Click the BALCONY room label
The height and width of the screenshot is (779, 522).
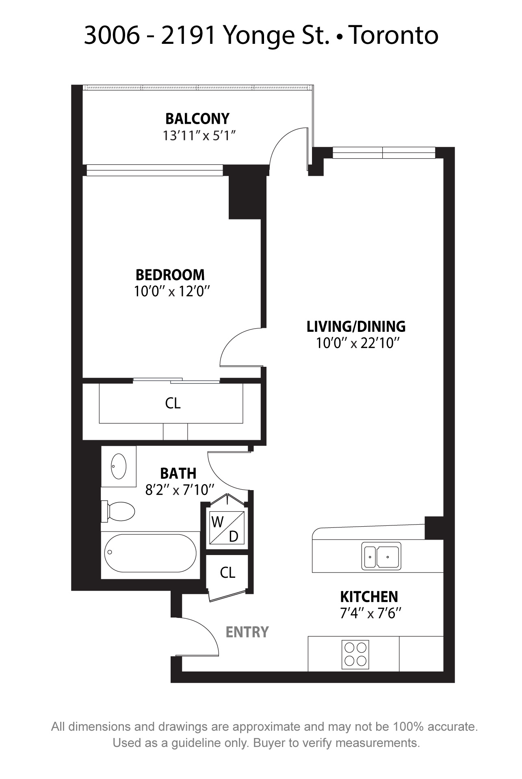(x=197, y=118)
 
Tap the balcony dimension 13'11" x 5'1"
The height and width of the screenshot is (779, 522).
(x=199, y=136)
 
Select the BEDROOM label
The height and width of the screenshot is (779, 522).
(x=170, y=275)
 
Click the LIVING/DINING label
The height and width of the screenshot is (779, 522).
(x=356, y=326)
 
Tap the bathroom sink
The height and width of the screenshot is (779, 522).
(x=119, y=466)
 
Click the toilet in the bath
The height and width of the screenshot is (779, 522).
(x=118, y=511)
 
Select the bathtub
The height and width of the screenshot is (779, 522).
(x=150, y=553)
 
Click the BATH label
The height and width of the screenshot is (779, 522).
(x=178, y=473)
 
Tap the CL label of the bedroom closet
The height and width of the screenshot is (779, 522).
(x=173, y=403)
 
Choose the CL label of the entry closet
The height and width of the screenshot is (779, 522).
(x=227, y=572)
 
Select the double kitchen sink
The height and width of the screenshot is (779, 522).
(x=381, y=555)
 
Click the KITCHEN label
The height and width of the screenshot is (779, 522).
(x=369, y=597)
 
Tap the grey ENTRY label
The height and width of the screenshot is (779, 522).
(x=247, y=632)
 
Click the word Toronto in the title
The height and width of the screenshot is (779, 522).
(x=394, y=35)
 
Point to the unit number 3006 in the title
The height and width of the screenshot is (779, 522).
(x=111, y=35)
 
